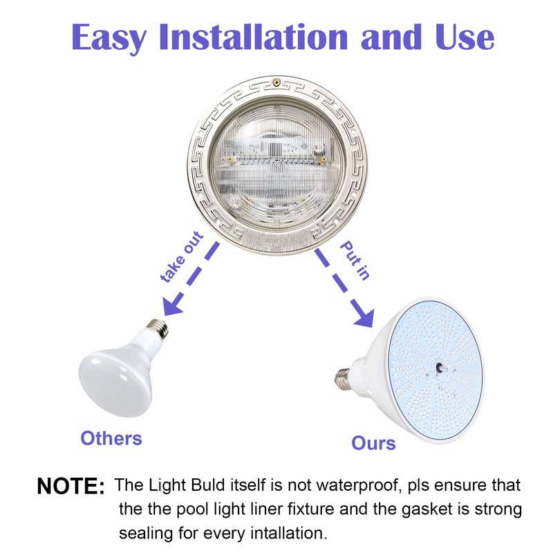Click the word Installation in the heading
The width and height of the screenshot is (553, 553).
point(254,37)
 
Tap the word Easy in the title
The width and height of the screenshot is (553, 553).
point(109,39)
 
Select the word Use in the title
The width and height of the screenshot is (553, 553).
point(465,37)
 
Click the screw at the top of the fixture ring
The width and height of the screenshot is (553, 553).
point(277,82)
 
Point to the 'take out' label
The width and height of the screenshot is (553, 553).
point(182,256)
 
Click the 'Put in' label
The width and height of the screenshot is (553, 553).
point(355,261)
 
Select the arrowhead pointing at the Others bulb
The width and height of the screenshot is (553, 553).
point(172,304)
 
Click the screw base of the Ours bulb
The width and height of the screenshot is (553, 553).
point(342,379)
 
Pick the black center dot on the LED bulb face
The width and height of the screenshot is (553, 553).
point(440,368)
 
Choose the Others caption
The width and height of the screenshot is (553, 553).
point(111,438)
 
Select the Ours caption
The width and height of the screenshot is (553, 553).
point(373,443)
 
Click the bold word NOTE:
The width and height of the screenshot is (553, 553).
point(71,486)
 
